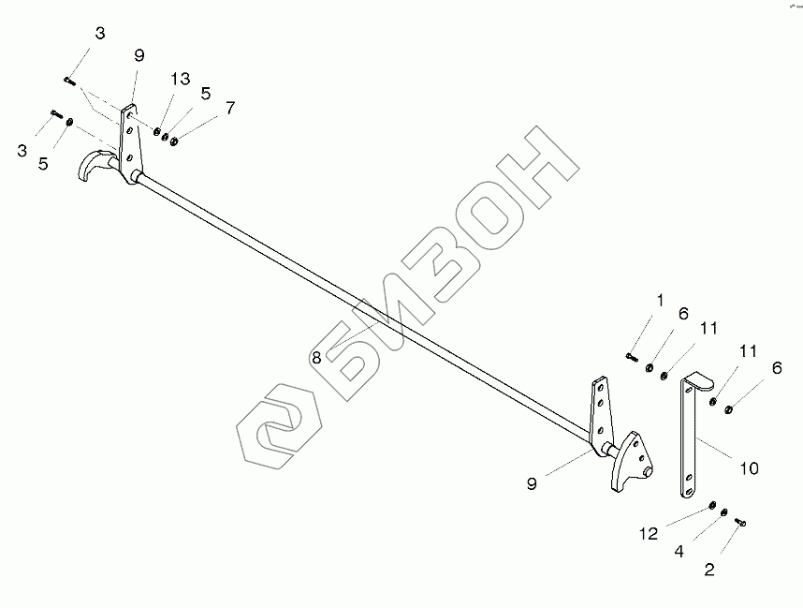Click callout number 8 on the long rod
(x=316, y=357)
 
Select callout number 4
(x=677, y=552)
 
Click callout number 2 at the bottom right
(x=709, y=568)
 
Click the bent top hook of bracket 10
(x=696, y=381)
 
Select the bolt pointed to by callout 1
(x=632, y=355)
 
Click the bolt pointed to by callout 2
(x=739, y=522)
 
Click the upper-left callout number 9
(x=139, y=56)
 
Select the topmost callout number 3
(x=99, y=33)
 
